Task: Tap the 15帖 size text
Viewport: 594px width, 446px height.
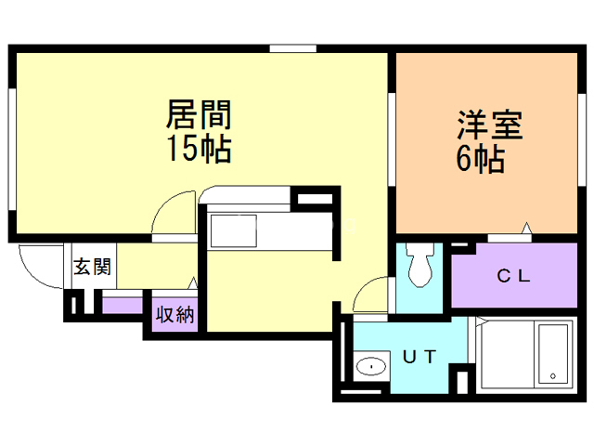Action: coord(198,148)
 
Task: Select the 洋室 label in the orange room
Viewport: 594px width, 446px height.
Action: coord(489,125)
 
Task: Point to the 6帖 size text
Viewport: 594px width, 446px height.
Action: coord(480,160)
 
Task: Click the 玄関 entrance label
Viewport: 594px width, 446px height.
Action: coord(92,269)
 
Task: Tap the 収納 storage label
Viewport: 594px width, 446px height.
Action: coord(174,314)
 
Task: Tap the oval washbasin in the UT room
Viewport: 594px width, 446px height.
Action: coord(372,366)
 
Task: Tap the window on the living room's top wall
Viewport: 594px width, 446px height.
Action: coord(288,48)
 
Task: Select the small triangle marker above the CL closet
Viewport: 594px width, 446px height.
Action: coord(526,228)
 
